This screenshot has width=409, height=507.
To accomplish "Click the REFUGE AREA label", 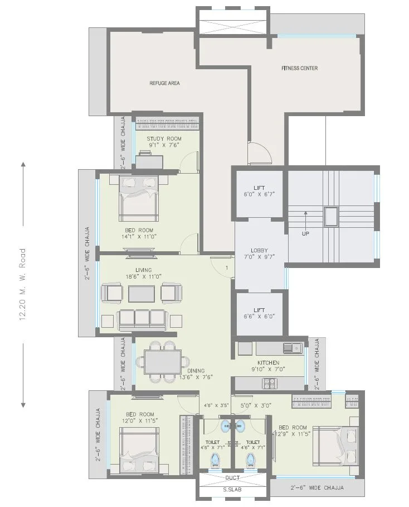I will tap(164, 83).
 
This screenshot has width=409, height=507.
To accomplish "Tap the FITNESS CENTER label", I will tap(299, 69).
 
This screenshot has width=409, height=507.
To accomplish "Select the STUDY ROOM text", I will tap(164, 138).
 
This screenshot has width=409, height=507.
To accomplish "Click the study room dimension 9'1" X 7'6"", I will tap(164, 145).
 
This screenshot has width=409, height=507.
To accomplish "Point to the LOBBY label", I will tap(259, 251).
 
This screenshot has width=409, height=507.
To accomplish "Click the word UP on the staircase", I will tap(305, 233).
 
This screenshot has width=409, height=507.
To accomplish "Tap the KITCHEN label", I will tap(268, 363).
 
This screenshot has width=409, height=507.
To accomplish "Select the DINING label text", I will tap(196, 370).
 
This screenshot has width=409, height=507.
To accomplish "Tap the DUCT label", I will tap(232, 478).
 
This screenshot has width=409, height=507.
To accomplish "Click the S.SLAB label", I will tap(232, 490).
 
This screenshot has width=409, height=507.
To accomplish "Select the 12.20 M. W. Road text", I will tap(23, 284).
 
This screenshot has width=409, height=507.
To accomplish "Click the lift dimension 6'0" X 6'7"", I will tap(260, 194).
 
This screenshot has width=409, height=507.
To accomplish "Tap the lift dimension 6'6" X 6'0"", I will tap(260, 315).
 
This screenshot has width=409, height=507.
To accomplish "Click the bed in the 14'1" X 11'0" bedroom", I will tap(138, 199).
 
